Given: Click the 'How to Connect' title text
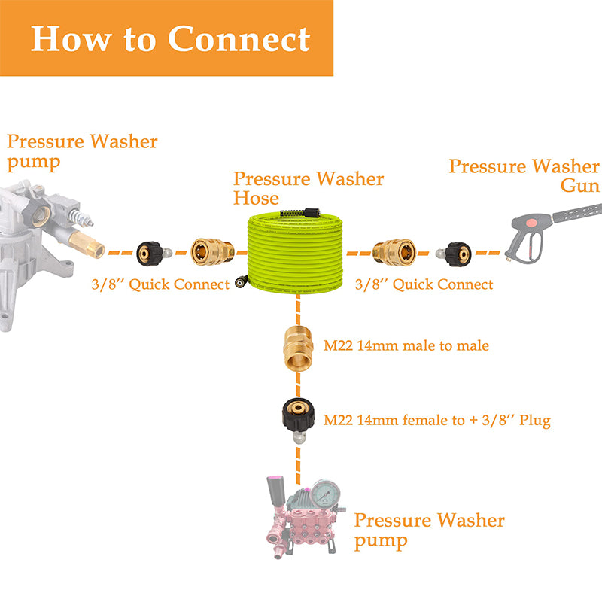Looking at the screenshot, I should tap(170, 38).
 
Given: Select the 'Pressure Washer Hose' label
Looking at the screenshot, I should tap(308, 188).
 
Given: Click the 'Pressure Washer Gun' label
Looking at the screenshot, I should tap(524, 175).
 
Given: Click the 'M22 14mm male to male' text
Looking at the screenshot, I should tap(406, 346).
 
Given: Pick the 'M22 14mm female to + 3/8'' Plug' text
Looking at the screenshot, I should tap(436, 421).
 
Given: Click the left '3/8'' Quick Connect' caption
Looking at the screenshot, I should tap(160, 284).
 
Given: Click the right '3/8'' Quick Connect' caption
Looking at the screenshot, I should tap(424, 284).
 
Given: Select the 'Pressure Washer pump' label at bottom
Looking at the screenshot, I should tap(429, 530).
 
